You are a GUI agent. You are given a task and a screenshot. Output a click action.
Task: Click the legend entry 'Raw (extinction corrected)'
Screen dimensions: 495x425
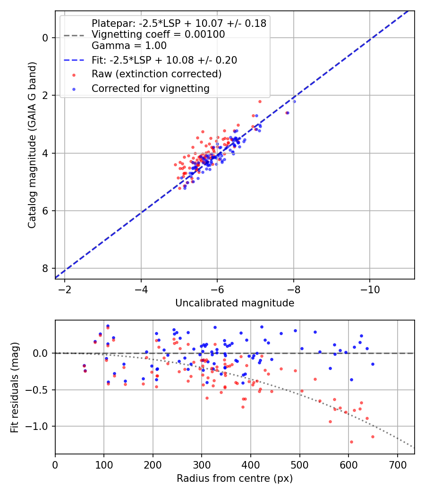pos(156,74)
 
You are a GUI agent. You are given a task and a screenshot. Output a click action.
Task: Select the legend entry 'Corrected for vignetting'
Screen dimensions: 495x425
pos(150,88)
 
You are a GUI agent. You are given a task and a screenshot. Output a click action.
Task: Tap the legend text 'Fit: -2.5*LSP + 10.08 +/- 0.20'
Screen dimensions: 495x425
pos(164,60)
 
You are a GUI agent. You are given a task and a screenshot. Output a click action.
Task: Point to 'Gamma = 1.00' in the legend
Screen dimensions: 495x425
pos(129,46)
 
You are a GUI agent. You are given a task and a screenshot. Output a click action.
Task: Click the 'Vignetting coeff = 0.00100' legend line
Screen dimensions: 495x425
pos(158,34)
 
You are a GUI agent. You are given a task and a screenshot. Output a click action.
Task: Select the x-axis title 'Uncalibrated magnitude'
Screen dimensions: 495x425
pos(235,303)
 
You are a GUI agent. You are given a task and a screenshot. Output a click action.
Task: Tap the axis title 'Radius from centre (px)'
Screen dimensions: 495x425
pos(235,478)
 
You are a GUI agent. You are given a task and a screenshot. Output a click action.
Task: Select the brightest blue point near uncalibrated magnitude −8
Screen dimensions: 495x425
pos(294,101)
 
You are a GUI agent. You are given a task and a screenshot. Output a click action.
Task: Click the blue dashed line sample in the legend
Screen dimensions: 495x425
pos(74,60)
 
